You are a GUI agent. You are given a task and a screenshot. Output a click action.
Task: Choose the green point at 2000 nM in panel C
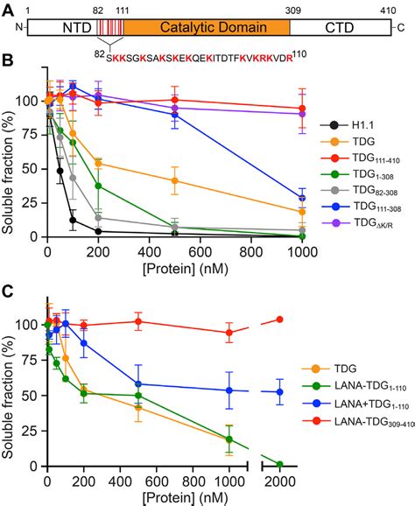coord(280,464)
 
